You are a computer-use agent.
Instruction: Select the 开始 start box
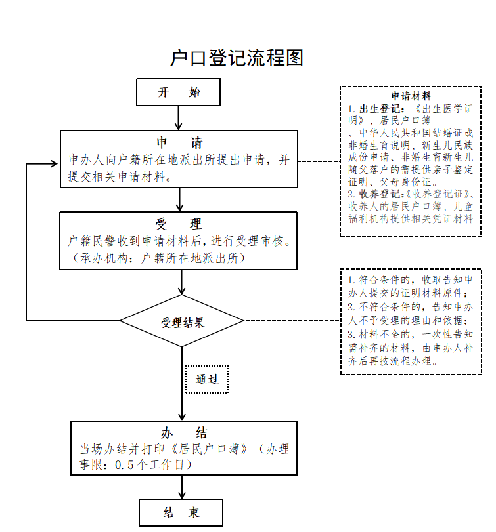[x=178, y=92]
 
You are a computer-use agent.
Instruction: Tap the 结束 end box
[x=181, y=512]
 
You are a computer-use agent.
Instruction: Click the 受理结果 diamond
[x=182, y=322]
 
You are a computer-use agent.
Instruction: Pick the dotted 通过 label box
[x=206, y=379]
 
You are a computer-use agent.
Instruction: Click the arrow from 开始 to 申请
[x=179, y=118]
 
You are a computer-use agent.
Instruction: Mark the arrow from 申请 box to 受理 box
[x=179, y=199]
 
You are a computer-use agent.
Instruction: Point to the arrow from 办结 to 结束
[x=181, y=486]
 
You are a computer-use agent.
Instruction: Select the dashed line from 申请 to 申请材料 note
[x=319, y=161]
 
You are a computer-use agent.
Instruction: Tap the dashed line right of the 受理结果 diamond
[x=292, y=321]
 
